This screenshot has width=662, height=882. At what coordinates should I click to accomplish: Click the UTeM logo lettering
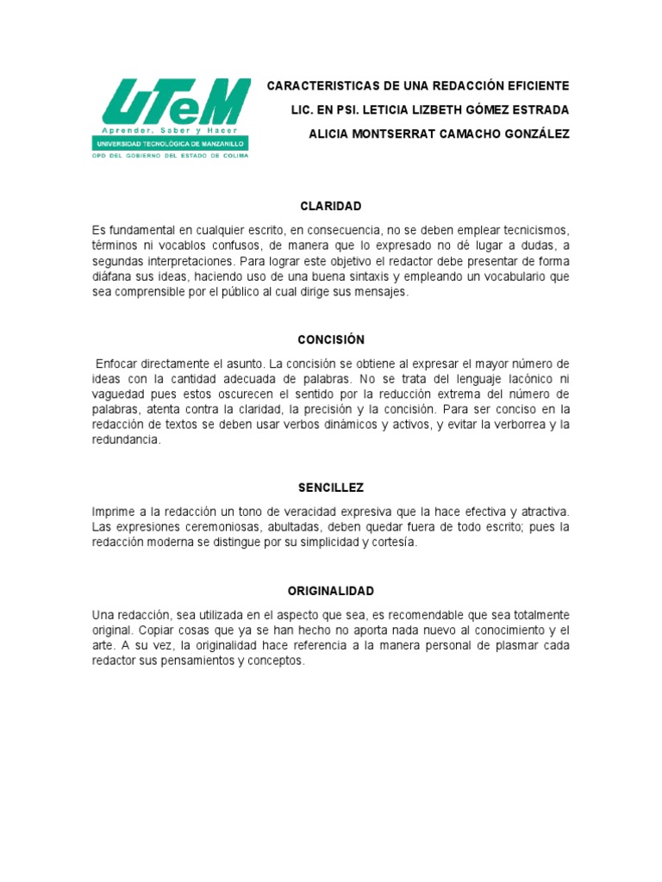pos(176,103)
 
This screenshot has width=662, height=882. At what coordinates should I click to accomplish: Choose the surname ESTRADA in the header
pos(539,110)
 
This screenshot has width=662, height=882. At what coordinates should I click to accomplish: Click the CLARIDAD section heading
pos(330,207)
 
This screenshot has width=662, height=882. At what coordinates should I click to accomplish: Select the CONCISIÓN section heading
pos(330,340)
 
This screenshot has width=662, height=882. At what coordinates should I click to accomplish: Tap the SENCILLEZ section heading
pos(330,488)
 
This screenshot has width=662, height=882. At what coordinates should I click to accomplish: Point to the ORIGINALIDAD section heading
pos(330,591)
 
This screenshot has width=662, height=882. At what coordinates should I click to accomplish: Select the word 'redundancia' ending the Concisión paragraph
pos(126,440)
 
